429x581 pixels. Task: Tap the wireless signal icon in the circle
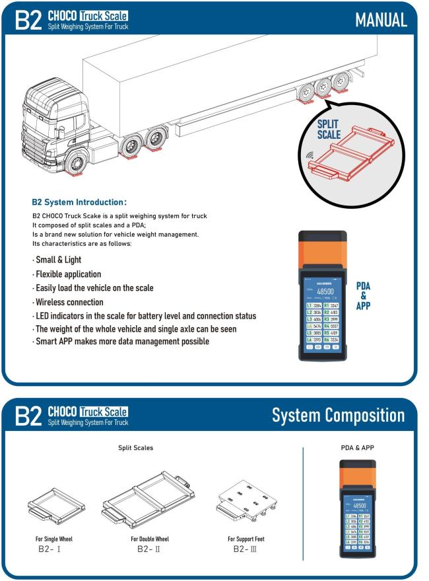(x=310, y=157)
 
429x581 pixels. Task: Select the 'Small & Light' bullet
(x=58, y=259)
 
